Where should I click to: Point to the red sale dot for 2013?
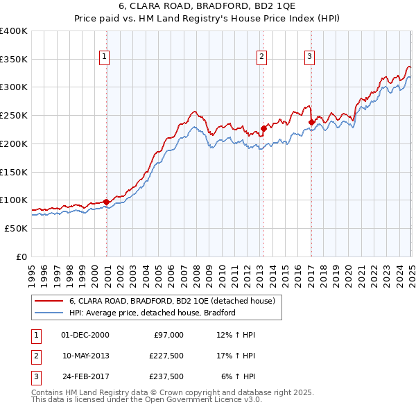tap(263, 128)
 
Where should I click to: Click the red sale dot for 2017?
tap(311, 123)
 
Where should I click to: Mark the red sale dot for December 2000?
tap(107, 202)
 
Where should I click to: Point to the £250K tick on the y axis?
tap(14, 116)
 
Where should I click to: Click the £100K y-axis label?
tap(14, 200)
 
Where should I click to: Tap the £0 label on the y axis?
tap(21, 256)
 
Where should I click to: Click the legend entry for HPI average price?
tap(153, 313)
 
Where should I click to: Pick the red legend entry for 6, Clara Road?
tap(172, 301)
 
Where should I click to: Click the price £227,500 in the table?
tap(166, 356)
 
